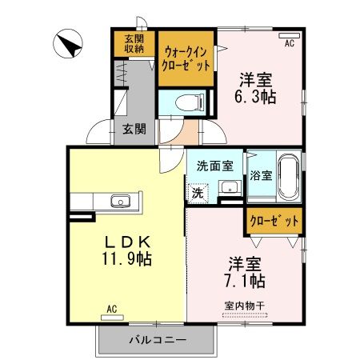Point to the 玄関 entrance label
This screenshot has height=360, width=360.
(134, 129)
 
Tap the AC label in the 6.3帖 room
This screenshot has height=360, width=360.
(289, 43)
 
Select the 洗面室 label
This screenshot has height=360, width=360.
(214, 166)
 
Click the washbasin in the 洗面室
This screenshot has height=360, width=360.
(227, 189)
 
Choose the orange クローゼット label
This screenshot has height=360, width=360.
(274, 220)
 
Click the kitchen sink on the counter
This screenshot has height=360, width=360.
(119, 200)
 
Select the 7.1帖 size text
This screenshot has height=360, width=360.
(245, 281)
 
